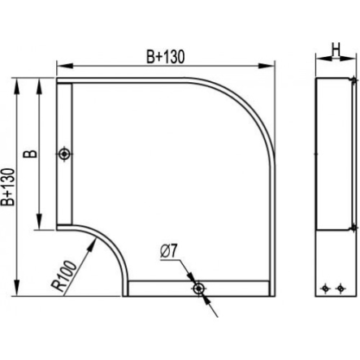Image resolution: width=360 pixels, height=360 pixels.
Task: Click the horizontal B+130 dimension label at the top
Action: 166,57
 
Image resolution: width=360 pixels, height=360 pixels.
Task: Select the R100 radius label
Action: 64,275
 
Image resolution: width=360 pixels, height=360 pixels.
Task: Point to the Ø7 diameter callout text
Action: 168,252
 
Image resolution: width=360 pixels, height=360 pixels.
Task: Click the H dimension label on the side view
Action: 336,50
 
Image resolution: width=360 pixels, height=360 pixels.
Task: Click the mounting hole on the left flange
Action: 64,154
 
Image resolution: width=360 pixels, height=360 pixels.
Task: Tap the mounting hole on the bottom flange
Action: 198,288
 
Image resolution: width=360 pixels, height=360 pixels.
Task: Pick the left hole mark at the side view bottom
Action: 325,288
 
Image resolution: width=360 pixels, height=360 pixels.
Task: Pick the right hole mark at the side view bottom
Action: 340,288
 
